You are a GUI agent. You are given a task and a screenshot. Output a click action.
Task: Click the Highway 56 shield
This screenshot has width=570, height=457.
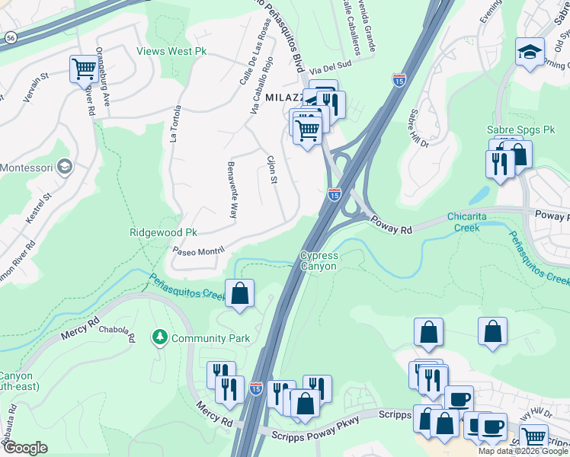click(x=9, y=36)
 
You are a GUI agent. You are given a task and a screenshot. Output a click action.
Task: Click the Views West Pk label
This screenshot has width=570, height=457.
click(x=172, y=52)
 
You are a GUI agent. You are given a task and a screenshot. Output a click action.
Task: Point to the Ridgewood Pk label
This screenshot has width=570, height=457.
click(x=163, y=232)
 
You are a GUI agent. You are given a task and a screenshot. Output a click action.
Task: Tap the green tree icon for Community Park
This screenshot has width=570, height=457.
click(x=159, y=337)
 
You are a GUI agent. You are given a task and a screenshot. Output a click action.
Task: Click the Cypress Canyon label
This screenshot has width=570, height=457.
click(x=319, y=261)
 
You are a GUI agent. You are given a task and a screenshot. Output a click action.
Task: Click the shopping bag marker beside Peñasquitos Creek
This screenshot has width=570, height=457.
click(x=239, y=293)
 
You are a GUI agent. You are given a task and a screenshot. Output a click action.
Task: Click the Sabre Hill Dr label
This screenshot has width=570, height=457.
click(x=420, y=128)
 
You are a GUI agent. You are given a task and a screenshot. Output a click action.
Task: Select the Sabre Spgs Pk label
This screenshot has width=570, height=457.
click(x=521, y=130)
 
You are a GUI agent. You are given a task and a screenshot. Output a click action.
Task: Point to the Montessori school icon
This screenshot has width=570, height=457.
click(x=66, y=167)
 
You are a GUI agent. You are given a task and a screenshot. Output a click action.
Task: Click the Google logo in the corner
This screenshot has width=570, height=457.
click(x=25, y=447)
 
